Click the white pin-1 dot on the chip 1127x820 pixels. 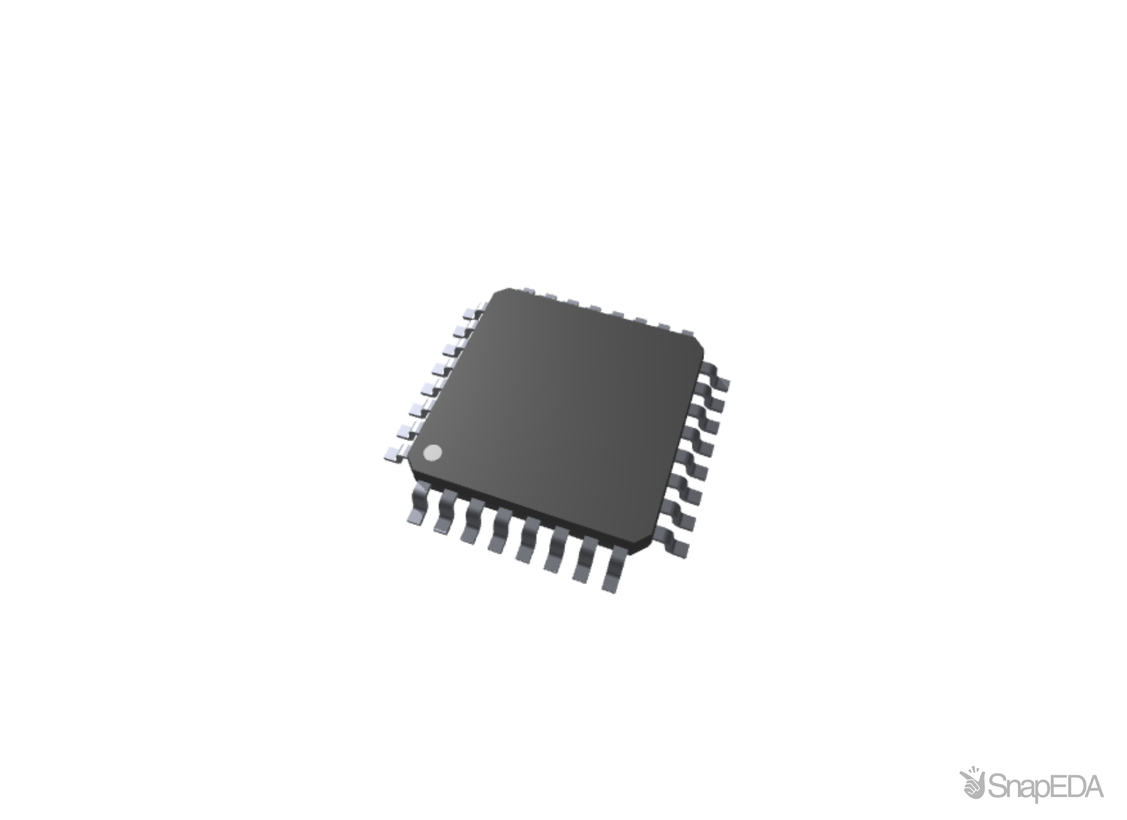432,453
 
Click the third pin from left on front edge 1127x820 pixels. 474,522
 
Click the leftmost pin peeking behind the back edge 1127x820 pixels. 527,290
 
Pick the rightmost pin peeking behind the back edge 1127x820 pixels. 688,332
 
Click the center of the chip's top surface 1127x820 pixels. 558,412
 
